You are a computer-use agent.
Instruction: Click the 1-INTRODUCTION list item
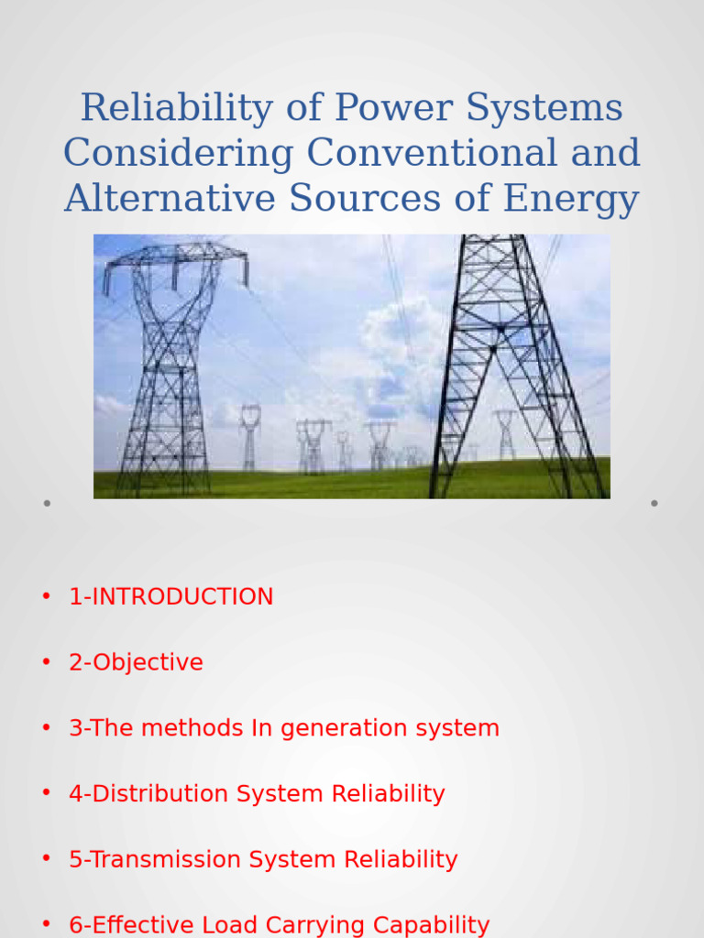(170, 597)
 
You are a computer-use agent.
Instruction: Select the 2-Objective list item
(136, 663)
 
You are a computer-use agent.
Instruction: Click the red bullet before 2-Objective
(46, 662)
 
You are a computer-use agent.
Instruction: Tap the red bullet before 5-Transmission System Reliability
(46, 859)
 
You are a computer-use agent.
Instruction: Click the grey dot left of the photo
(46, 503)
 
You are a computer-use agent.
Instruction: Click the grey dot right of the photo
(654, 503)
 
